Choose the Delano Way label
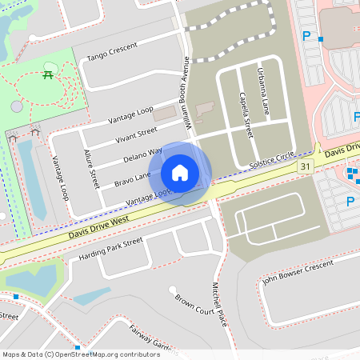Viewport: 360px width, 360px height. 143,154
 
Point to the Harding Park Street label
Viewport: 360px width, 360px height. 110,250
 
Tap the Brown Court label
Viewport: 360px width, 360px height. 195,300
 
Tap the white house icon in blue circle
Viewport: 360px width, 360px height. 180,172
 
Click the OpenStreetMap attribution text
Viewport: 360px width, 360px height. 80,354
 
